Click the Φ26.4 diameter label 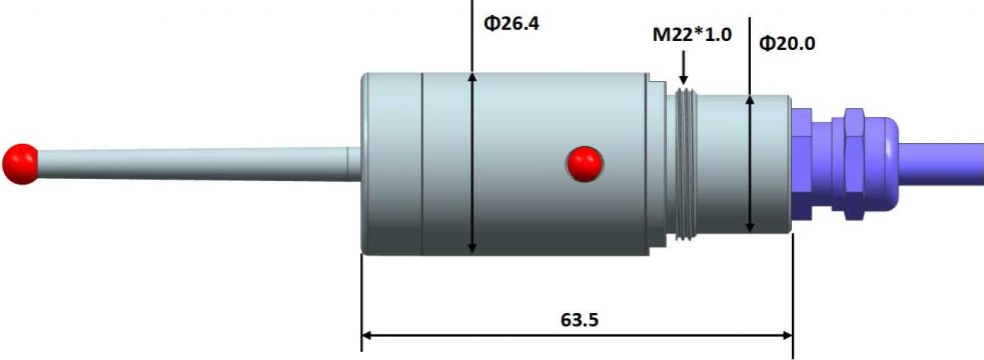[511, 24]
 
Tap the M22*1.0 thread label [692, 34]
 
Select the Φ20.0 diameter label [787, 43]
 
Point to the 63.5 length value [579, 319]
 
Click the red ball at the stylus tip [21, 164]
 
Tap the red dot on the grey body [585, 164]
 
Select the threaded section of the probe [686, 164]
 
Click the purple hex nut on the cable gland [854, 164]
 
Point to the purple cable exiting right [941, 164]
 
